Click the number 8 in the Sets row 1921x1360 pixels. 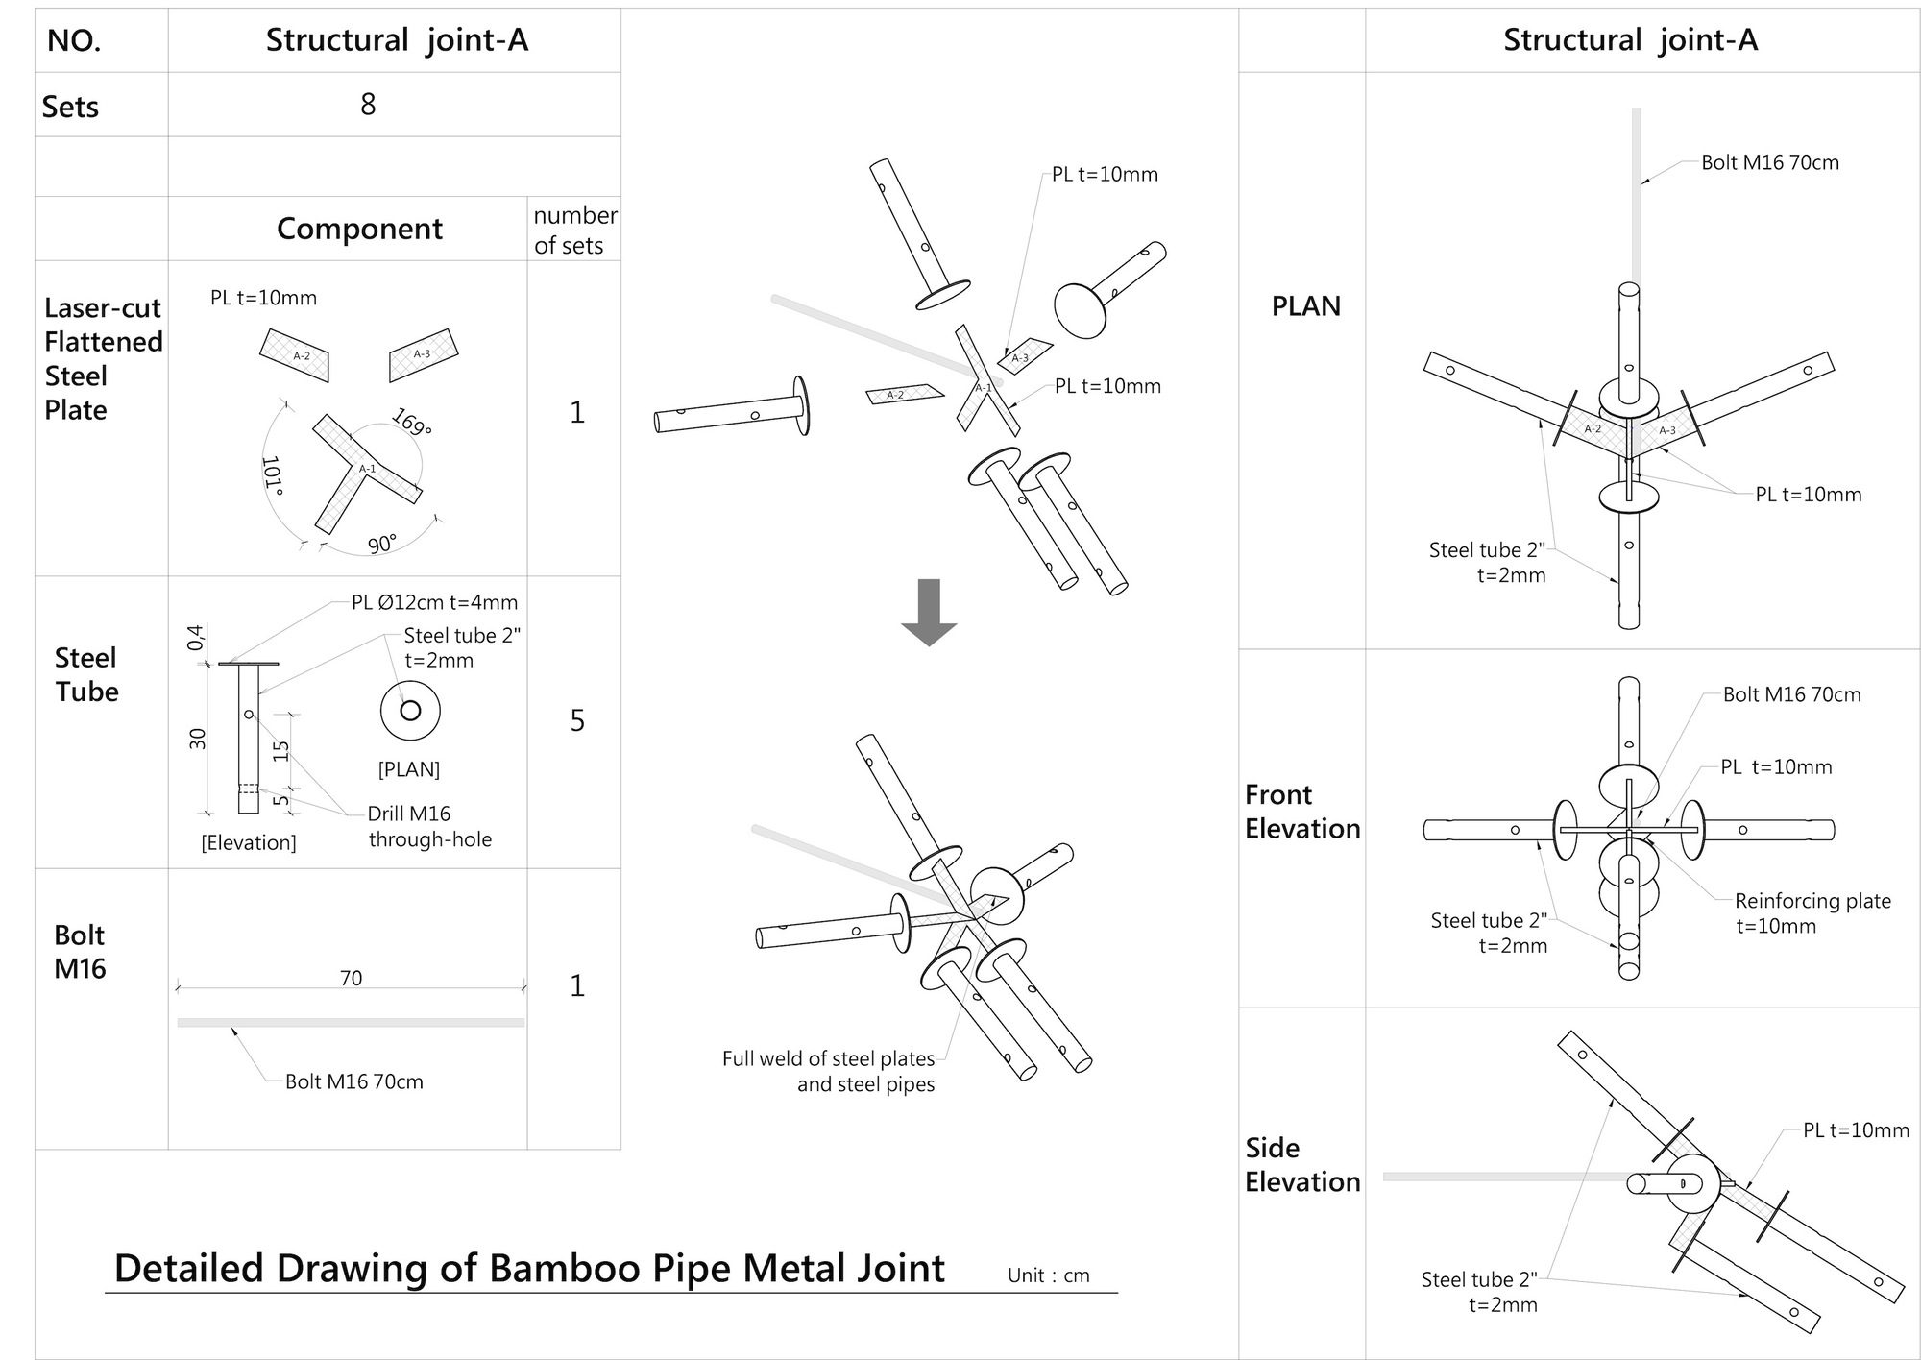[x=368, y=104]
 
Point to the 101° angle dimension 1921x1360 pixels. [x=273, y=476]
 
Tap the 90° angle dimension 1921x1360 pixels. [x=382, y=544]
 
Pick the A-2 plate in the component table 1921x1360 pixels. [x=295, y=355]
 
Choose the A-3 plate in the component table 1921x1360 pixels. [x=423, y=354]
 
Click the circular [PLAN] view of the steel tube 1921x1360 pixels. [x=410, y=712]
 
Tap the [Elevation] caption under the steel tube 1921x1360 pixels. [x=249, y=842]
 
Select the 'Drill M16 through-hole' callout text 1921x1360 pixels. [x=428, y=827]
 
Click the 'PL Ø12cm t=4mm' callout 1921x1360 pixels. [x=434, y=602]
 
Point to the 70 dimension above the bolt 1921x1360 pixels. [x=351, y=978]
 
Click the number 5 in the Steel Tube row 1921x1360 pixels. [x=576, y=720]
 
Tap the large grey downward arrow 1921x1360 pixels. [x=929, y=613]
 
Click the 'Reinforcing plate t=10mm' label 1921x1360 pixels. [x=1812, y=913]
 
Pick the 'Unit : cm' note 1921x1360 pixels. [x=1048, y=1275]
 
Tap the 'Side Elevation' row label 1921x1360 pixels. [x=1301, y=1165]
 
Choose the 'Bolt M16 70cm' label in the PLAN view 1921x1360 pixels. [x=1769, y=162]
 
